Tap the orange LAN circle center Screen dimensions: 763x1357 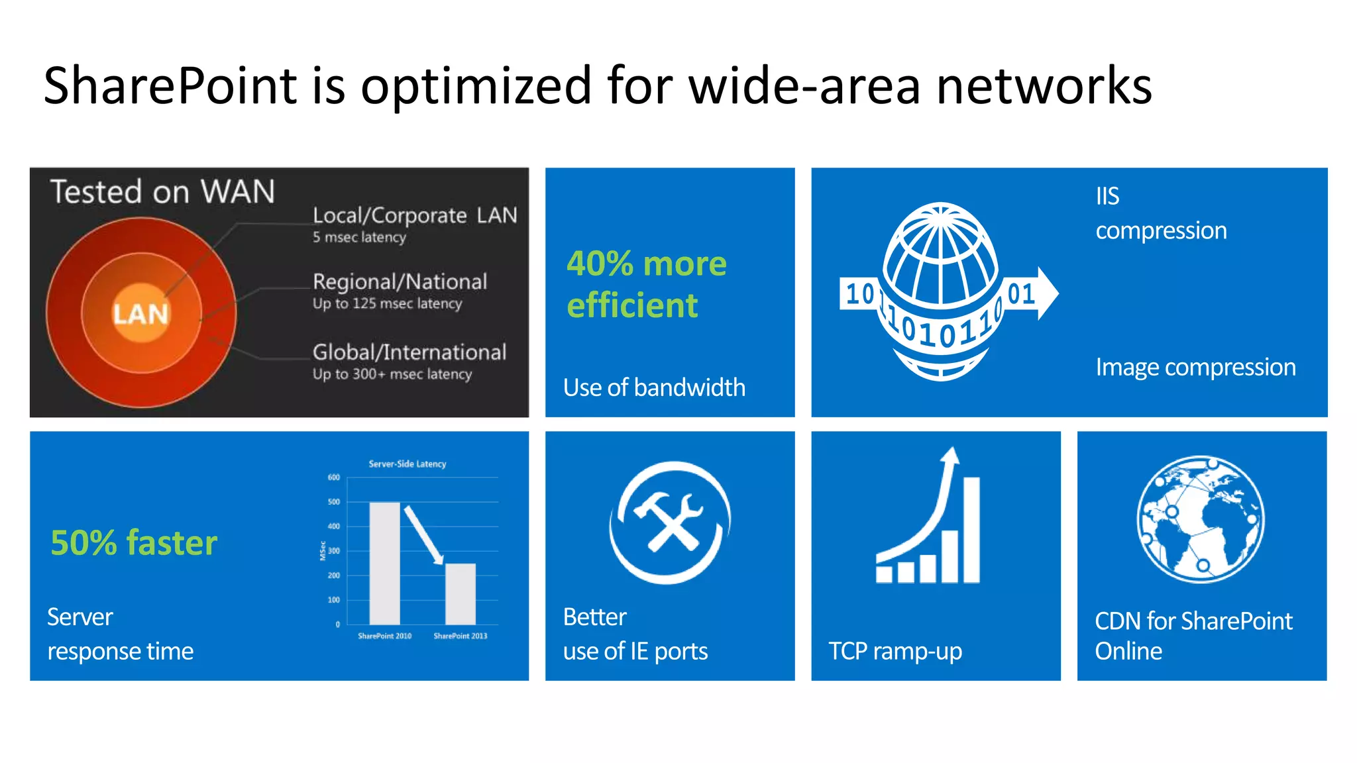(140, 313)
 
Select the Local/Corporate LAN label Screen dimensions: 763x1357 (414, 215)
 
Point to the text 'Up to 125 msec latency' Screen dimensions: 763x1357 (387, 304)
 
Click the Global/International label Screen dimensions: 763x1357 (409, 352)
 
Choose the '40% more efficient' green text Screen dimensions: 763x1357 (646, 284)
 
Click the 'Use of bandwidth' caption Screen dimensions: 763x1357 (654, 387)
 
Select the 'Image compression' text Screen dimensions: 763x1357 (1195, 367)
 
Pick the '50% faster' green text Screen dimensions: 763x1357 (134, 543)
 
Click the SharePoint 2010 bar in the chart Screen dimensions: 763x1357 (384, 563)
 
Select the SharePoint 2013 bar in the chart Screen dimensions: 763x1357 (460, 593)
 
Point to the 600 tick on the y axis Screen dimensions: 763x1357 (334, 478)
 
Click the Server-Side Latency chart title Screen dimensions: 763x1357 (407, 464)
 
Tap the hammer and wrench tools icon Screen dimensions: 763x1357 (670, 522)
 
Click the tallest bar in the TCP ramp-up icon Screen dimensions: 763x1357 (971, 530)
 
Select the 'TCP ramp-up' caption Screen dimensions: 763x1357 (895, 651)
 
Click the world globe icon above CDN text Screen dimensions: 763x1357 (1200, 519)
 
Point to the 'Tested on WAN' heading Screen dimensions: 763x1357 (162, 192)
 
